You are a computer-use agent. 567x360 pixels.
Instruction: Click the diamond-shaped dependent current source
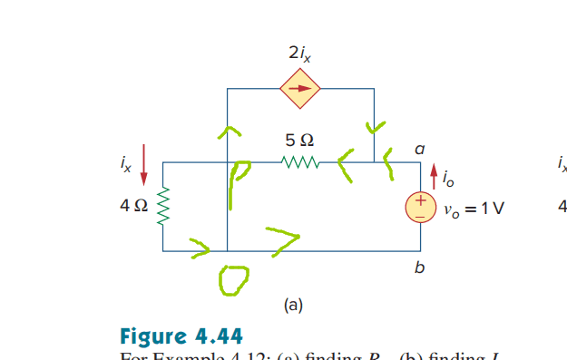click(x=298, y=89)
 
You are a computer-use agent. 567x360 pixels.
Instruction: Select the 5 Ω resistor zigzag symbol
click(x=299, y=164)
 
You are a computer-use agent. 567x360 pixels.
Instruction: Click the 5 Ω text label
click(x=299, y=141)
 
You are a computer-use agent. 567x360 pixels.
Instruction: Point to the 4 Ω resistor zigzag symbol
click(x=163, y=208)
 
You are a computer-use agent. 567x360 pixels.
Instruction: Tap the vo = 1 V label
click(x=474, y=208)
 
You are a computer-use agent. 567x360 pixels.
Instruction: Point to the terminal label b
click(x=419, y=268)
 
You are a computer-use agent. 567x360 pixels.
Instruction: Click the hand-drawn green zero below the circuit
click(x=232, y=282)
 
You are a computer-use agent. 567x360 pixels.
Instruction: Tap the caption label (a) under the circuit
click(x=292, y=306)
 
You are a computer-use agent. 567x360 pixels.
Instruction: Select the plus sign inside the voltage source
click(x=422, y=200)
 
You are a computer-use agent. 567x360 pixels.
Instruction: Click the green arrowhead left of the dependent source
click(x=228, y=132)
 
